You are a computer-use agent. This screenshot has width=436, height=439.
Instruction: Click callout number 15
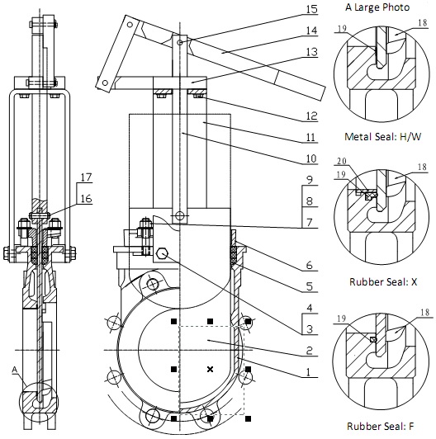point(311,9)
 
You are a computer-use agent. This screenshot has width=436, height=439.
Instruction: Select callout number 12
point(311,116)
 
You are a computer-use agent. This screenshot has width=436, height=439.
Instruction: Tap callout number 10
point(311,158)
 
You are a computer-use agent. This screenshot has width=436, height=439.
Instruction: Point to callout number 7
point(309,222)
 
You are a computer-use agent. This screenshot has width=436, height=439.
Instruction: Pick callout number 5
point(309,286)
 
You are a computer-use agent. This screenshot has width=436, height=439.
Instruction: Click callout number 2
point(309,350)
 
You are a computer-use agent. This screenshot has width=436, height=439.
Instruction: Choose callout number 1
point(309,372)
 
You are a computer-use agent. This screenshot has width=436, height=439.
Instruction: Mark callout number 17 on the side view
point(87,177)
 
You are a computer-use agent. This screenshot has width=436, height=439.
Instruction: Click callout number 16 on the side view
point(87,199)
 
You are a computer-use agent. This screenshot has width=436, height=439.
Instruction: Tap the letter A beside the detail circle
point(15,370)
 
